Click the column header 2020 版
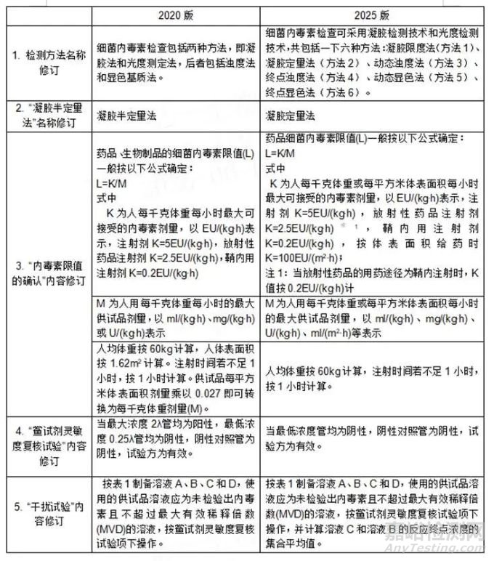176,15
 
